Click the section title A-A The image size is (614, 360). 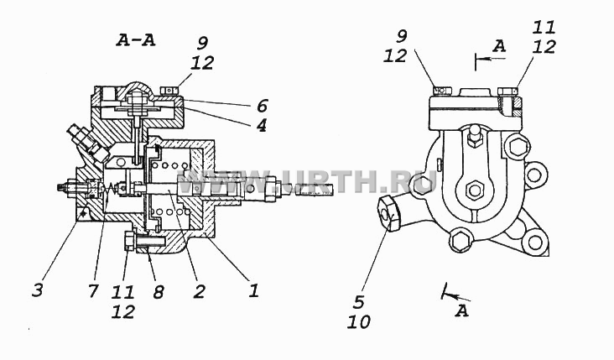136,41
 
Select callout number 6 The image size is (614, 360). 262,107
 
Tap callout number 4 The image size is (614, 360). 261,125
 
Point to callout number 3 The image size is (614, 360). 38,291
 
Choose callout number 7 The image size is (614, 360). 92,290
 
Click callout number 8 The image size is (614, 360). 159,291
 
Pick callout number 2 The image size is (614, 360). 199,291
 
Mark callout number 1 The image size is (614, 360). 254,290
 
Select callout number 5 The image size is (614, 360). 359,302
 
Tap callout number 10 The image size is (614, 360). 359,322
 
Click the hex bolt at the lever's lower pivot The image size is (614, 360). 475,190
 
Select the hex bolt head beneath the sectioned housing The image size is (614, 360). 130,241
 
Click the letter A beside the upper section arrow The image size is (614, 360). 499,46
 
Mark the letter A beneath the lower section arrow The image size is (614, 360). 462,311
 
